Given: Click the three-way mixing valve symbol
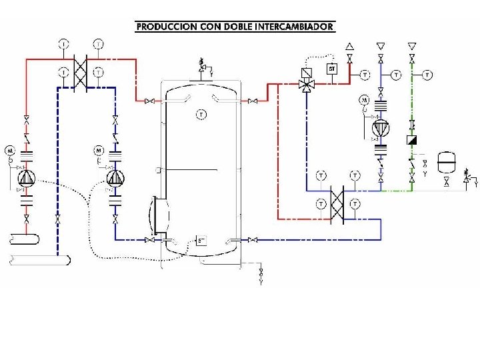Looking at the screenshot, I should click(x=307, y=84).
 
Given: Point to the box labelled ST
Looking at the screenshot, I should click(x=331, y=68).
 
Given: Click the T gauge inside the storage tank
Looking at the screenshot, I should click(x=201, y=115).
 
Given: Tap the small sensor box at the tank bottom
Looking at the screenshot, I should click(x=201, y=240).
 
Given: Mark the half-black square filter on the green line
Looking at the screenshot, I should click(x=412, y=141).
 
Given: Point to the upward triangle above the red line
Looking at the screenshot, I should click(x=349, y=46).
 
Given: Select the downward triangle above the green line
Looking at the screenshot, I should click(x=412, y=46).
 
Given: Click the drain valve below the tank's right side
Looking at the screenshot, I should click(x=261, y=273).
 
